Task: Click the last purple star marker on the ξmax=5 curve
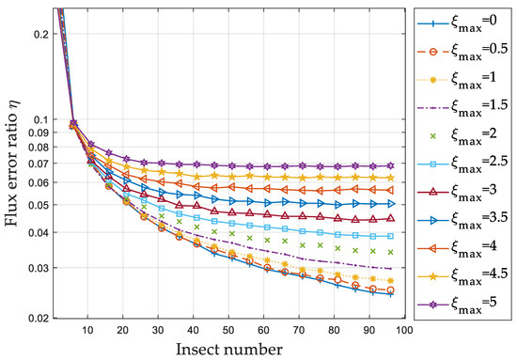point(391,165)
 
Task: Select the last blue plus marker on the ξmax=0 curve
point(391,294)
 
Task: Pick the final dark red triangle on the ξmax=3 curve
point(391,219)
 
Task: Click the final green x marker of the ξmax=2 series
point(391,252)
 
